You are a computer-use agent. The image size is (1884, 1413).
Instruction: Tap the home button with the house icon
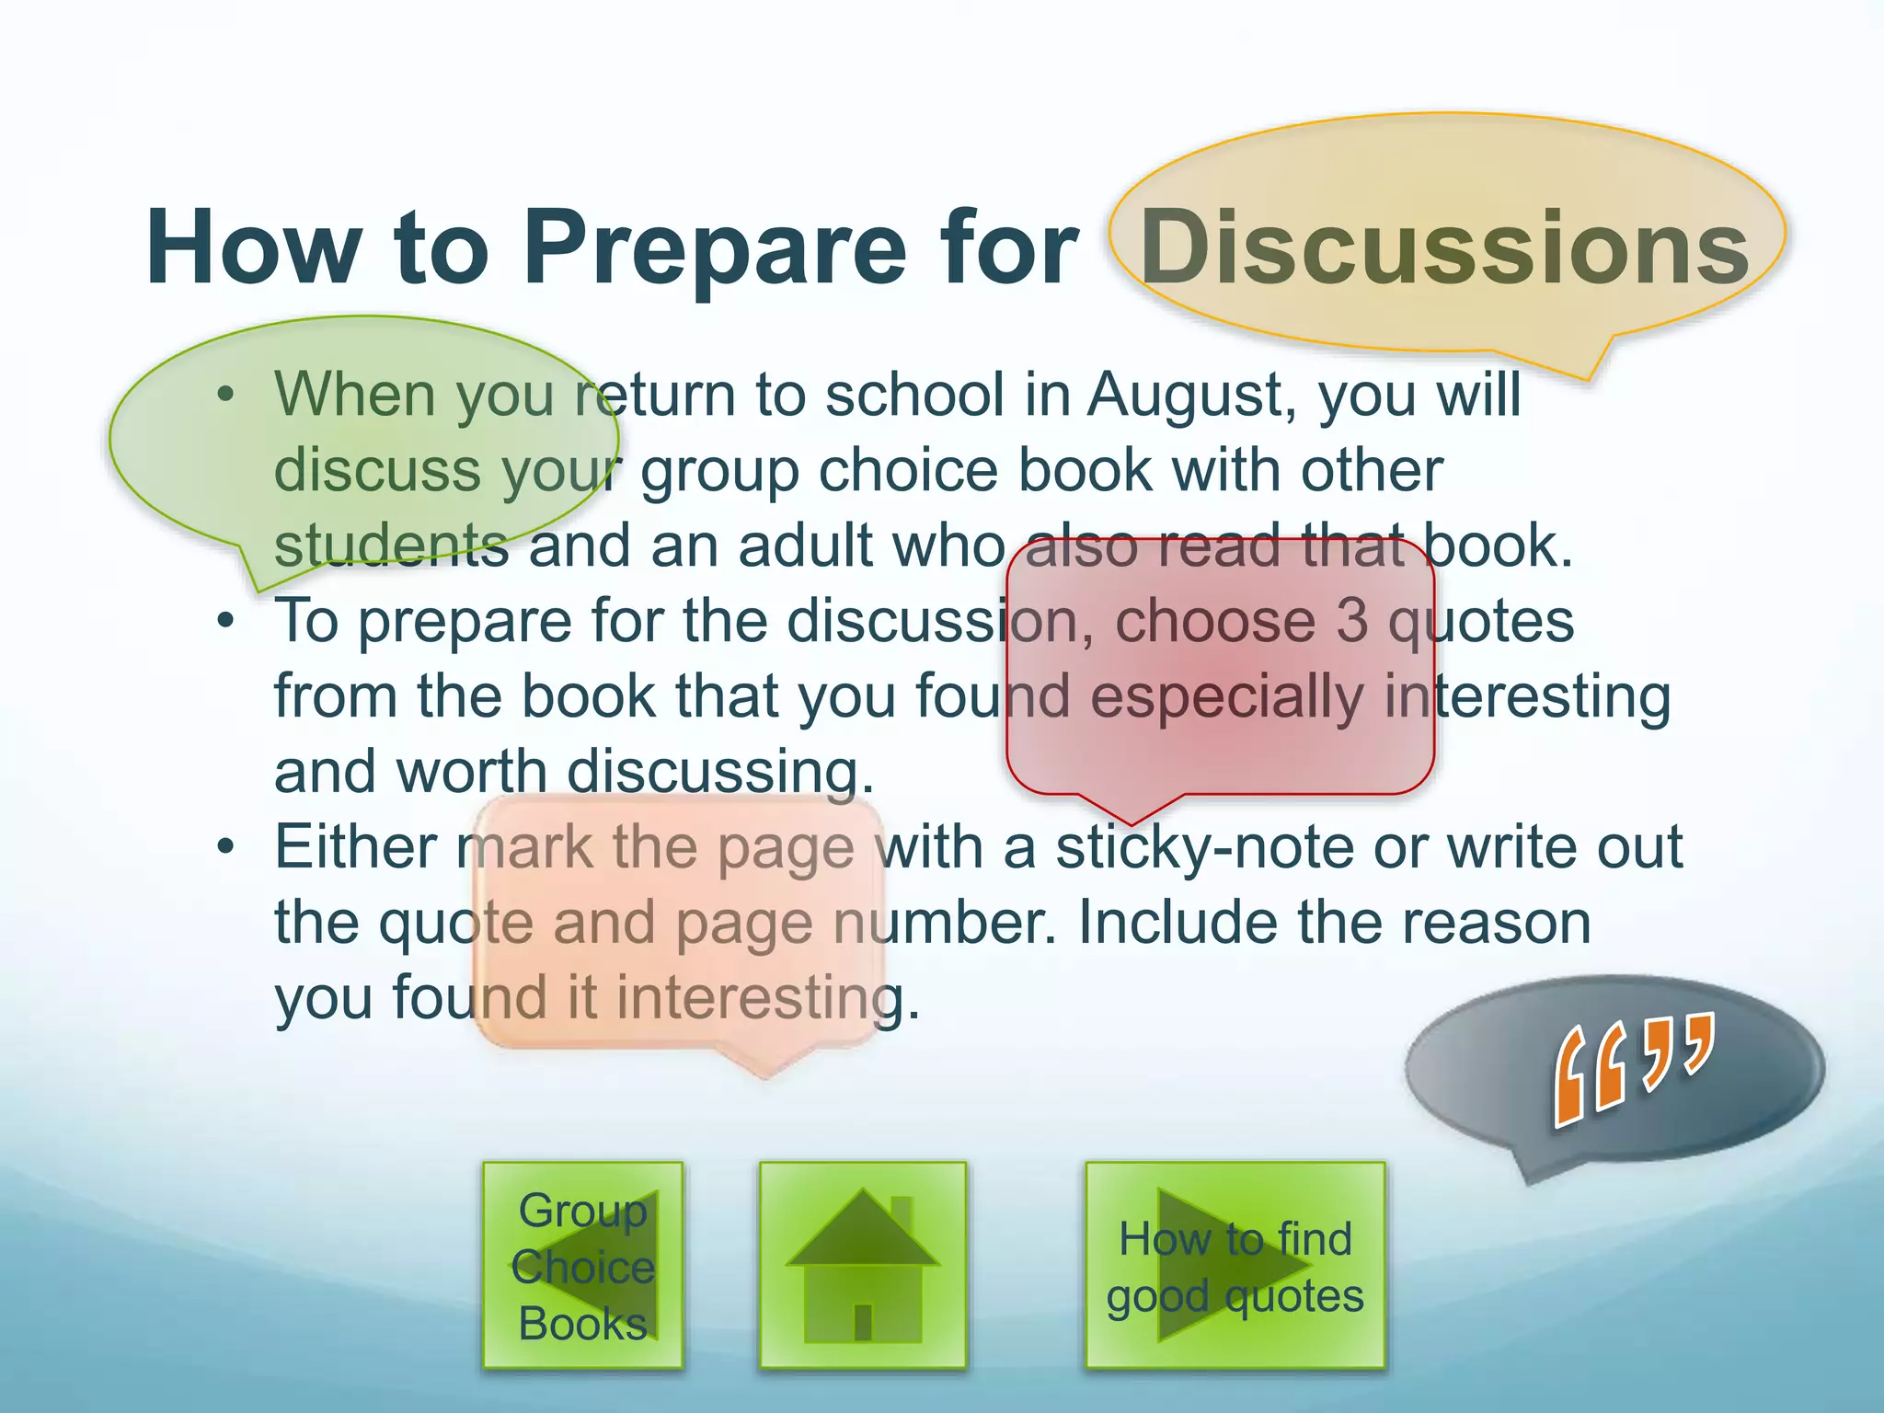coord(862,1265)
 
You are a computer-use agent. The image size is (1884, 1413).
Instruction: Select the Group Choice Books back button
coord(582,1266)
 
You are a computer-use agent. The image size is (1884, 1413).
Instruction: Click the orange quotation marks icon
coord(1634,1067)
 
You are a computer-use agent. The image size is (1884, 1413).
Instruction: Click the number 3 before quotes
coord(1351,620)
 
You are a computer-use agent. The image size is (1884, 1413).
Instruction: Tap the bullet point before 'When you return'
coord(226,396)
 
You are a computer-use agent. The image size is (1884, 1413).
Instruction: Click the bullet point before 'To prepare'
coord(226,622)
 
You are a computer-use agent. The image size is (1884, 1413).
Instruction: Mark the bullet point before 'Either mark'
coord(226,847)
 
